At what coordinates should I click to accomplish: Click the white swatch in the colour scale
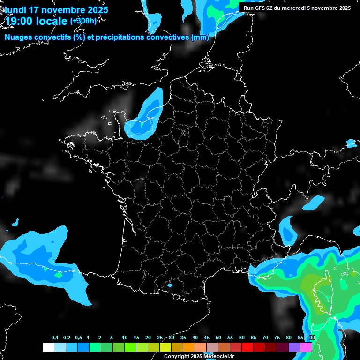point(48,347)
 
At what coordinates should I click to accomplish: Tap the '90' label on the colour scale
point(312,338)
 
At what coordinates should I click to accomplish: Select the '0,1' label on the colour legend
point(55,338)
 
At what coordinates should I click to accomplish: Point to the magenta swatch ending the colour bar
point(306,347)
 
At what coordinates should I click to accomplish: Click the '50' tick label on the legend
point(218,338)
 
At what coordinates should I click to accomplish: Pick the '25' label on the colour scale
point(160,338)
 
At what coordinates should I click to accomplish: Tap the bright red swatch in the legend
point(247,347)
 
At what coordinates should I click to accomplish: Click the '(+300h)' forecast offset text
point(83,21)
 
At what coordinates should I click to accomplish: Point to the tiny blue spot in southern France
point(170,285)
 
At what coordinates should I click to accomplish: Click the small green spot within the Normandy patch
point(142,125)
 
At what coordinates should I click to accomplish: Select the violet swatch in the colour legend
point(294,347)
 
